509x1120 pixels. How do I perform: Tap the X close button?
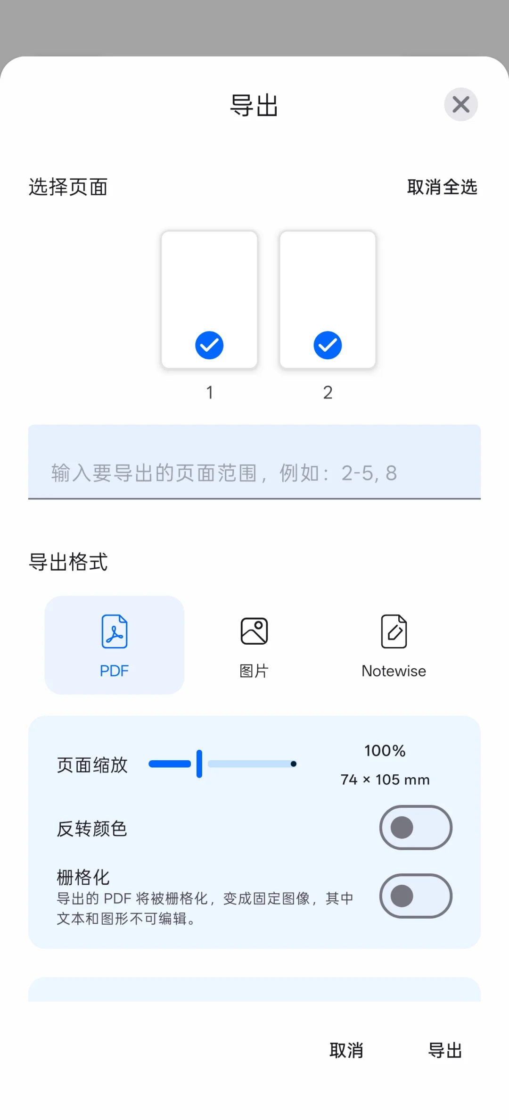pyautogui.click(x=460, y=104)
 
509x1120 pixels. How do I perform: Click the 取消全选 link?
pyautogui.click(x=442, y=187)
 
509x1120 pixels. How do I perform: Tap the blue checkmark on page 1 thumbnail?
pyautogui.click(x=209, y=345)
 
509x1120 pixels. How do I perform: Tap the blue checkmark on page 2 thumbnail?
pyautogui.click(x=328, y=345)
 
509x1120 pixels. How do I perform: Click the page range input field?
pyautogui.click(x=254, y=473)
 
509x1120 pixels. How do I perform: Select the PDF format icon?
pyautogui.click(x=115, y=632)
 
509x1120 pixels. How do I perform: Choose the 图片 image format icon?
pyautogui.click(x=254, y=631)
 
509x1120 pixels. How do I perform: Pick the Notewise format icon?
pyautogui.click(x=394, y=631)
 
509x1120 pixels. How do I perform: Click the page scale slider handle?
pyautogui.click(x=199, y=763)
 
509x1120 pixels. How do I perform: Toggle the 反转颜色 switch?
pyautogui.click(x=416, y=828)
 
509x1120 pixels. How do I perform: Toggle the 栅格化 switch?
pyautogui.click(x=416, y=896)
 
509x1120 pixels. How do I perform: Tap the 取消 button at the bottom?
pyautogui.click(x=346, y=1051)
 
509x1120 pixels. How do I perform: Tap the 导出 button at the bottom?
pyautogui.click(x=445, y=1051)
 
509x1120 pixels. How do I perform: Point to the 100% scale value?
pyautogui.click(x=385, y=751)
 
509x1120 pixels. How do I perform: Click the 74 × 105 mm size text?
pyautogui.click(x=385, y=780)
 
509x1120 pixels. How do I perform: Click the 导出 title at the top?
pyautogui.click(x=254, y=105)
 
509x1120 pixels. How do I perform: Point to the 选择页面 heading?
pyautogui.click(x=68, y=187)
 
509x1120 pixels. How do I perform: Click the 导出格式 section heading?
pyautogui.click(x=68, y=562)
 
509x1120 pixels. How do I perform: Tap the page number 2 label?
pyautogui.click(x=328, y=392)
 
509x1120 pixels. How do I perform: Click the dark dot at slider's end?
pyautogui.click(x=294, y=764)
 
